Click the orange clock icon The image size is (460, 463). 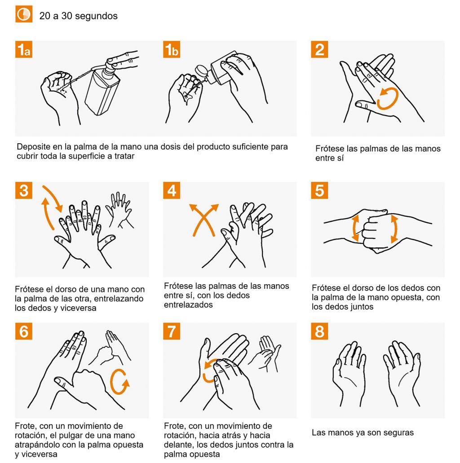click(x=24, y=14)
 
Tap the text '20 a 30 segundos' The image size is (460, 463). click(x=78, y=16)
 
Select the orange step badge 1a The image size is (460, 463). click(x=24, y=49)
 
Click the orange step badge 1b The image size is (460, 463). click(x=172, y=49)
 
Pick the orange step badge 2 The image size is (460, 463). click(x=319, y=49)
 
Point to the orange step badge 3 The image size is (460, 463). click(x=24, y=190)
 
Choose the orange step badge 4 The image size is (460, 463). click(x=172, y=190)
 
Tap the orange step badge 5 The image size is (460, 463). click(x=319, y=190)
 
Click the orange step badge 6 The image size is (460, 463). click(x=24, y=331)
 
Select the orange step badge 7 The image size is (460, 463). click(x=172, y=331)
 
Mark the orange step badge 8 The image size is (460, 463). click(x=319, y=331)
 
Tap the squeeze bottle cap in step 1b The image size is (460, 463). click(x=201, y=71)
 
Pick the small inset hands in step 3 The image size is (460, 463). click(x=119, y=210)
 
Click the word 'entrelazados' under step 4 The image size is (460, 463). click(x=188, y=305)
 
